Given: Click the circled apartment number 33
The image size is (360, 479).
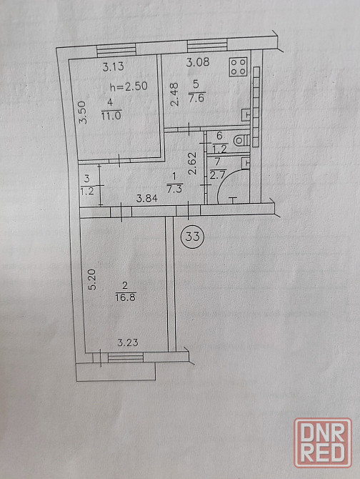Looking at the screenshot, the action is point(192,237).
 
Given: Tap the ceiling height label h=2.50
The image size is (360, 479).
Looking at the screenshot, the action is point(129,87).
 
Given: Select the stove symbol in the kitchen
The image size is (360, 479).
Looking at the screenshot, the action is point(239,67).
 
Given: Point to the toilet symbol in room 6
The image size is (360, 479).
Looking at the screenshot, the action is point(241,141).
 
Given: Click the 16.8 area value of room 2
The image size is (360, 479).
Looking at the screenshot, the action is point(126,297).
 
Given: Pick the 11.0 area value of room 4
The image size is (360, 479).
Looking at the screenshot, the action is point(111,116).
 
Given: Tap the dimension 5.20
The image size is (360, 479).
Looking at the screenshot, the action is point(92,280).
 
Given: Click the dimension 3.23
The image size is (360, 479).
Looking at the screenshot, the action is point(128,342).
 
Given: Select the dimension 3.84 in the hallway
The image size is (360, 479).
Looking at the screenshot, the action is point(146,199).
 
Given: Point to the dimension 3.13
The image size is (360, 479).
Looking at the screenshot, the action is point(113,66).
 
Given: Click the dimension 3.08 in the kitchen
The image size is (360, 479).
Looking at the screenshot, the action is point(198,62).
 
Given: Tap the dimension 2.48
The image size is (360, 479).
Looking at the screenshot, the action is point(174,94).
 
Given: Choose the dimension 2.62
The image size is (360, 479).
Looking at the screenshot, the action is point(193,163).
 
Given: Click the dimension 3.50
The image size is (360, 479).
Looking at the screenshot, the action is point(83,113).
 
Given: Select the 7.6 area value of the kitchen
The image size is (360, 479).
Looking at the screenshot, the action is point(196,99).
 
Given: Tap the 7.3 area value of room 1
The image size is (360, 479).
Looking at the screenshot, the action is point(174,189).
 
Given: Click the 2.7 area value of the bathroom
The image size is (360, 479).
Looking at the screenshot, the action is point(218,175).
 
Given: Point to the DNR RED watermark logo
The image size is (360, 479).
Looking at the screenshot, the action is point(323,443).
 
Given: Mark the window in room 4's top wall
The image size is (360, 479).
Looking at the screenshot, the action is point(116,50).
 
